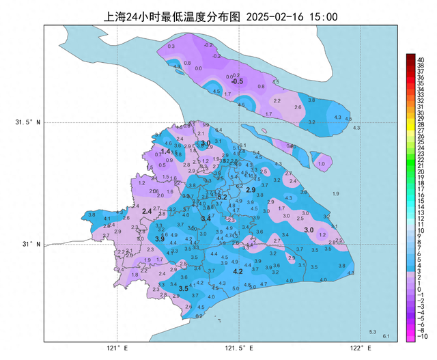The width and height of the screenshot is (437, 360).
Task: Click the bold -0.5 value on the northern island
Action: click(x=237, y=82)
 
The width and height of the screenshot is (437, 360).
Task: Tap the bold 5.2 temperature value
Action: click(x=222, y=197)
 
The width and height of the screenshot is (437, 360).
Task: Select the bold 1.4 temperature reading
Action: click(x=165, y=152)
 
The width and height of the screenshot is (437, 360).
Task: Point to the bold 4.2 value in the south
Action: click(x=238, y=272)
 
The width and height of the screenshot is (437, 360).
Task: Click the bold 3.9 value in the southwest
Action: click(x=159, y=239)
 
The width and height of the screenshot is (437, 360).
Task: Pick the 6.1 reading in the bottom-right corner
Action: click(x=386, y=336)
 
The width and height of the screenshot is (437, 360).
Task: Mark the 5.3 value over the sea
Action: click(x=373, y=332)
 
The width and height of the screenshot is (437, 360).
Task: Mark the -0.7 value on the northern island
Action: click(x=208, y=44)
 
